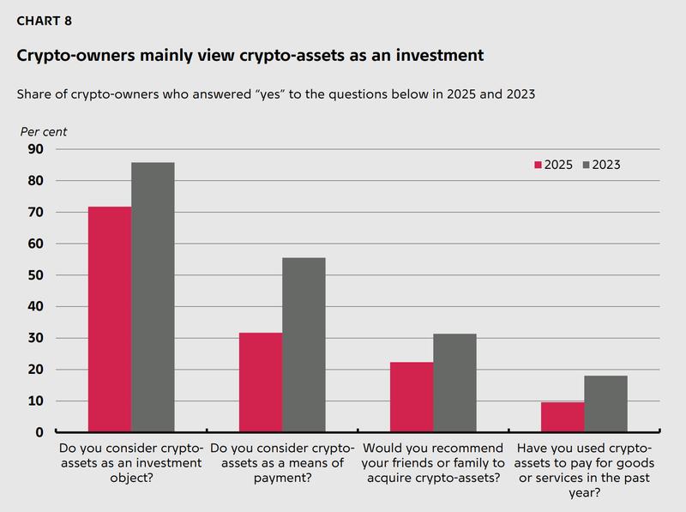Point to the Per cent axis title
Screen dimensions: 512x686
pos(43,132)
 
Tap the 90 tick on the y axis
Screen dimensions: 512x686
pos(36,149)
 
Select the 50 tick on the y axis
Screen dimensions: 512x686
pos(36,275)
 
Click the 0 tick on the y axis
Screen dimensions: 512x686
pos(40,432)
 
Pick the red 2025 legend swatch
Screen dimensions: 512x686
pos(539,165)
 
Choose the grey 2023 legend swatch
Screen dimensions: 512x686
pos(587,165)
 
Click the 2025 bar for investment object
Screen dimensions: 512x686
pos(110,319)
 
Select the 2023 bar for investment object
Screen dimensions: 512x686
pos(153,297)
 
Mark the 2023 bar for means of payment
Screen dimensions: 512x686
pos(304,345)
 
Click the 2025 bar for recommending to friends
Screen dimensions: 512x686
pos(412,397)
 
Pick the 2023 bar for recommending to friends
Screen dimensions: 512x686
pos(454,382)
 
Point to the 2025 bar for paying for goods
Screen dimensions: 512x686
pos(563,417)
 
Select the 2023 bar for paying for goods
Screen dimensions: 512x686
pos(605,404)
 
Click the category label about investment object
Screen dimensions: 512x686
pos(130,463)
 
